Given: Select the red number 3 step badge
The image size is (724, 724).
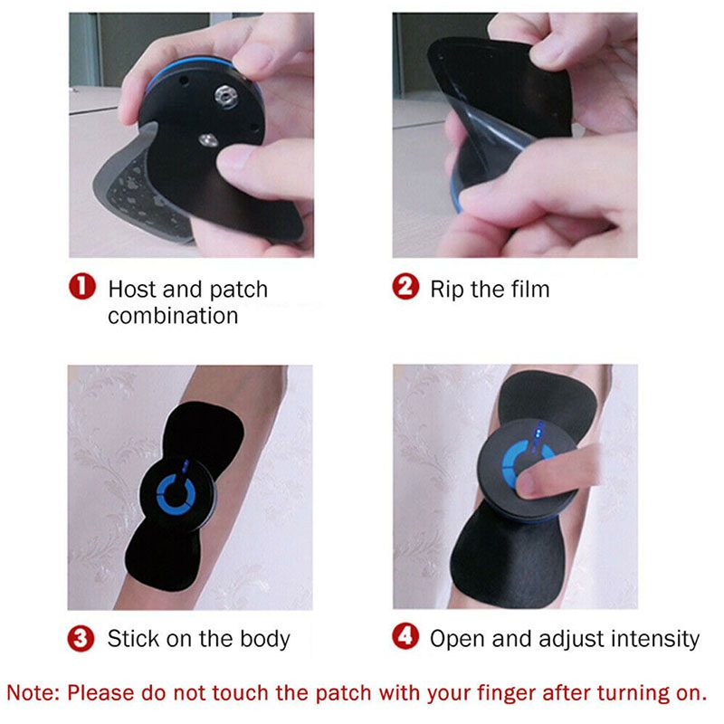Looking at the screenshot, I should pyautogui.click(x=82, y=638).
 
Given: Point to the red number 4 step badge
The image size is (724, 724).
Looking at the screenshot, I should pyautogui.click(x=405, y=638).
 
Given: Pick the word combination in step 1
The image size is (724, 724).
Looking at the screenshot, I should pyautogui.click(x=172, y=316).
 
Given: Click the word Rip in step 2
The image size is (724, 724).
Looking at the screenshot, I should pyautogui.click(x=446, y=290).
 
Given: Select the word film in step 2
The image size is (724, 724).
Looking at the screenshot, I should pyautogui.click(x=529, y=290).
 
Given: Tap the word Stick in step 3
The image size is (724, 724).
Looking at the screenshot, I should pyautogui.click(x=132, y=639).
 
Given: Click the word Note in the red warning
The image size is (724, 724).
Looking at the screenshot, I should pyautogui.click(x=33, y=693).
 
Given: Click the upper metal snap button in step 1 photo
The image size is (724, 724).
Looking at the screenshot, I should pyautogui.click(x=222, y=93).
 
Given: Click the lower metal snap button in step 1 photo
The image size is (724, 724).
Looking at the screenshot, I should pyautogui.click(x=206, y=138).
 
